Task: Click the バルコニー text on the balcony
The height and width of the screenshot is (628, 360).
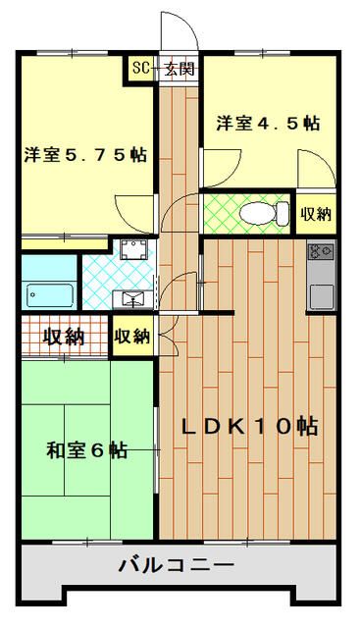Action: point(178,566)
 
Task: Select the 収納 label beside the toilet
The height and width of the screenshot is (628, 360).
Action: point(314,213)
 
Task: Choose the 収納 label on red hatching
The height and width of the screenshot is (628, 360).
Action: point(63,337)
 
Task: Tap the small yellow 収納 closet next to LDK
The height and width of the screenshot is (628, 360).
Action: point(131,337)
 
